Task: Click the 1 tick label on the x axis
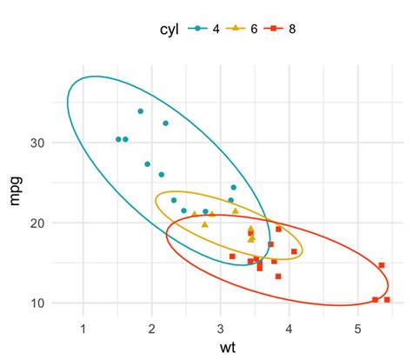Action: tap(83, 328)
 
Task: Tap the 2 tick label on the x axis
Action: tap(152, 328)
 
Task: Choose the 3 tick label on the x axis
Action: tap(221, 328)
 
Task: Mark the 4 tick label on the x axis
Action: tap(289, 328)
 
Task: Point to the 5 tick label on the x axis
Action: tap(358, 328)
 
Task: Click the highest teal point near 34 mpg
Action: tap(140, 111)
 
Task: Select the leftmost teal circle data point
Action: tap(118, 139)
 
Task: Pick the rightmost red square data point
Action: tap(387, 299)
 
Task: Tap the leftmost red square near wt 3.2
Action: tap(232, 257)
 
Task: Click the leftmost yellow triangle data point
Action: tap(194, 213)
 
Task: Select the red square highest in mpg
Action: tap(278, 230)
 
